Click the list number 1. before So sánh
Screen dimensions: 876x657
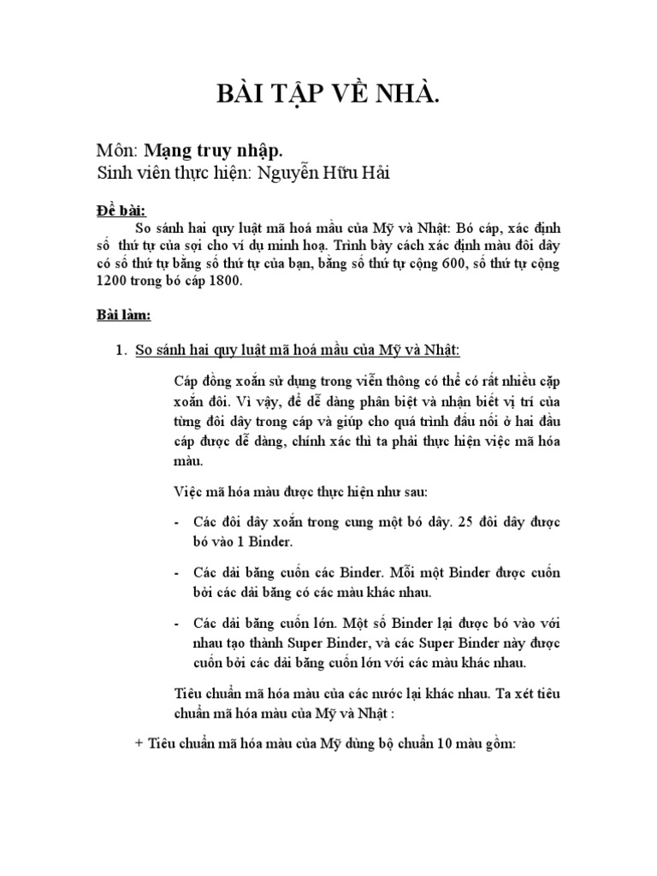[121, 350]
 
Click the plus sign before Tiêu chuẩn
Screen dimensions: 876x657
[139, 744]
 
